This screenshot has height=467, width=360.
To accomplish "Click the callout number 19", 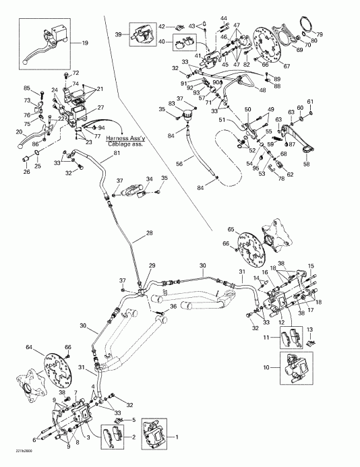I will [x=85, y=43].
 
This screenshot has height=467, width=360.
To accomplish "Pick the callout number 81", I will [x=117, y=153].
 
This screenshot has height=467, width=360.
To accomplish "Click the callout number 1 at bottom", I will [x=177, y=437].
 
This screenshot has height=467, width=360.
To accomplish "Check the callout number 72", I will [x=76, y=73].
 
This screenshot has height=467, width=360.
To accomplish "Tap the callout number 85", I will [x=28, y=89].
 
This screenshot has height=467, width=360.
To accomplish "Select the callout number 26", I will [x=27, y=172].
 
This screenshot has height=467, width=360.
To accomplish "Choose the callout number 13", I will [x=310, y=330].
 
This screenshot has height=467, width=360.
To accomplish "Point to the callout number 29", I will [x=152, y=266].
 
